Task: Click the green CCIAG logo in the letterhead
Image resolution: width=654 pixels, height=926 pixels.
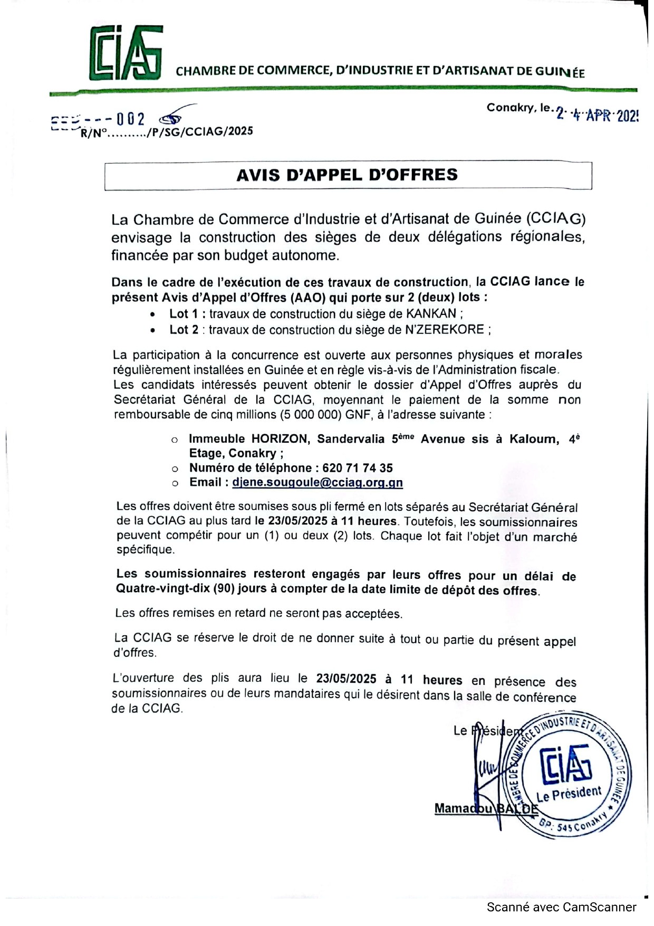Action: coord(125,53)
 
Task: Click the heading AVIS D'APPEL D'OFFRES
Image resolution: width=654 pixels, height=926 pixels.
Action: coord(347,175)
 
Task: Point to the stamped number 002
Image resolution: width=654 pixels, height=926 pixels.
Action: coord(130,119)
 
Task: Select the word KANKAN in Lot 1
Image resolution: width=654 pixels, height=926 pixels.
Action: coord(431,313)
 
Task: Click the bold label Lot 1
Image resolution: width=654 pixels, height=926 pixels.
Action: coord(183,314)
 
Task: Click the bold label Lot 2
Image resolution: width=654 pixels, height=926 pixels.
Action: coord(183,330)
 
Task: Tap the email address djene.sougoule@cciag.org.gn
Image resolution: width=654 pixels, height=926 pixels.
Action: coord(318,482)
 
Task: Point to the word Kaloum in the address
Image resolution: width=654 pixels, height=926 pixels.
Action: coord(534,439)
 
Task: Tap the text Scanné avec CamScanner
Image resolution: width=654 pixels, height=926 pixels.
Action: coord(561,907)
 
